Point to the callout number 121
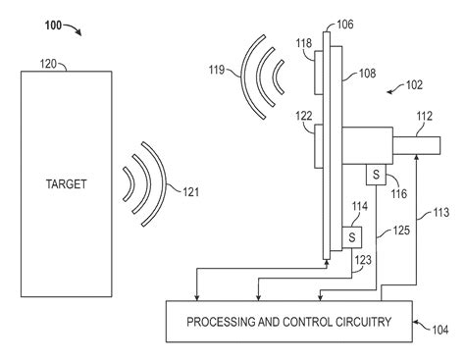183,192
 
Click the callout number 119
218,70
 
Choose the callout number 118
304,44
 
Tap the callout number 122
305,117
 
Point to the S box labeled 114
349,237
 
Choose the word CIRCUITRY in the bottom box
352,320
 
